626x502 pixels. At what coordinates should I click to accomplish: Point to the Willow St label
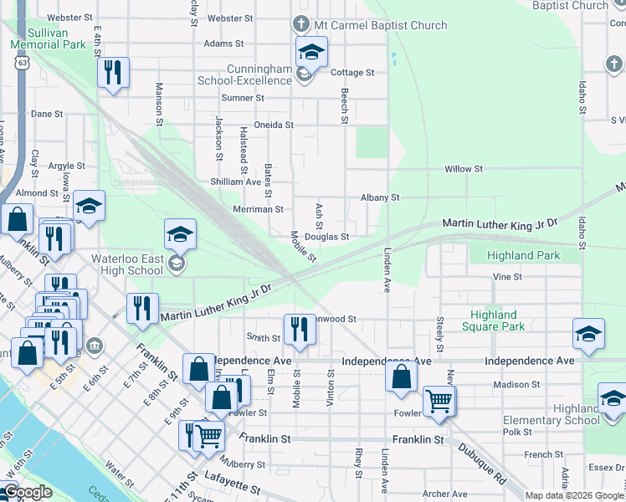click(x=464, y=169)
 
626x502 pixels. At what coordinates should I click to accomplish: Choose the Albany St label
click(x=380, y=198)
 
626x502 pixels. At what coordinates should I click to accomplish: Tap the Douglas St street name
click(x=326, y=237)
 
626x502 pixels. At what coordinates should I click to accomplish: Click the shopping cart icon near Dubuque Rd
click(x=439, y=402)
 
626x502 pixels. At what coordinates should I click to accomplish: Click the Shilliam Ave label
click(x=236, y=182)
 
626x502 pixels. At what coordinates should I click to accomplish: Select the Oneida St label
click(x=274, y=125)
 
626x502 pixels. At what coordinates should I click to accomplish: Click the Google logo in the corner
click(x=28, y=493)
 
